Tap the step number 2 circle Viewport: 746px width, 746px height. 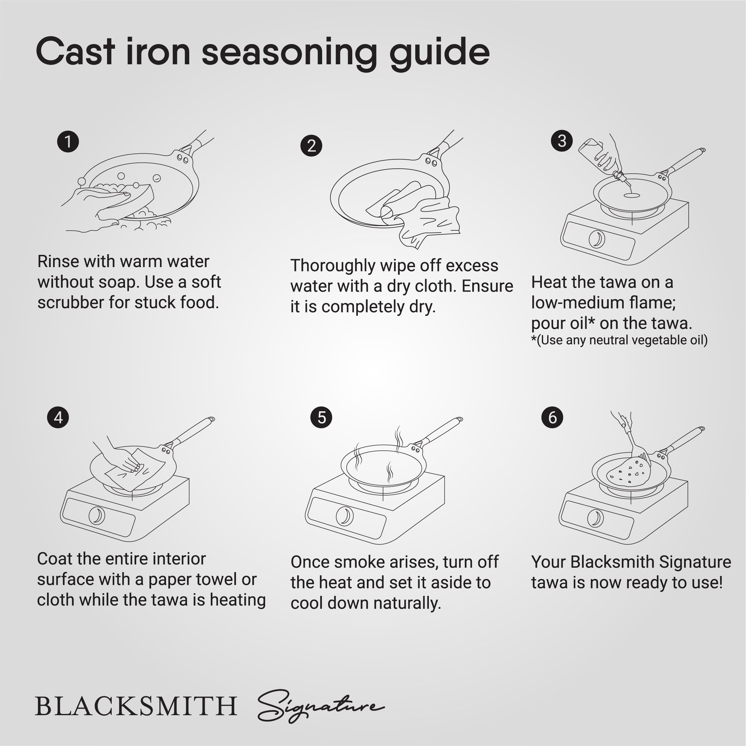coord(311,145)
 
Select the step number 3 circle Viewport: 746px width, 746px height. coord(562,141)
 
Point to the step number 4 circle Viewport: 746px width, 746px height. coord(58,417)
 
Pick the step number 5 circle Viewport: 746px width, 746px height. coord(321,417)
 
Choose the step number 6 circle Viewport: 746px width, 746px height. coord(552,417)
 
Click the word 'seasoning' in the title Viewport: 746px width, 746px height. coord(289,53)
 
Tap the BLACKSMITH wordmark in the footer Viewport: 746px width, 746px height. coord(136,706)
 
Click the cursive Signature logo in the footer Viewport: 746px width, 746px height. coord(320,706)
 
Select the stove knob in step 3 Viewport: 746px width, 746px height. coord(597,239)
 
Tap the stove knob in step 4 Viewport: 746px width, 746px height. coord(96,515)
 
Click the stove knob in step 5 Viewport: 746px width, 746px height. coord(344,516)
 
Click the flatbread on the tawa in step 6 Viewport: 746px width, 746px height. coord(628,472)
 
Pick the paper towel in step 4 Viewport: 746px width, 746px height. coord(135,469)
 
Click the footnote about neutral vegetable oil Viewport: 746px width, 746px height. coord(619,340)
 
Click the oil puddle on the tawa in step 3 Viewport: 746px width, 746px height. coord(632,196)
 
